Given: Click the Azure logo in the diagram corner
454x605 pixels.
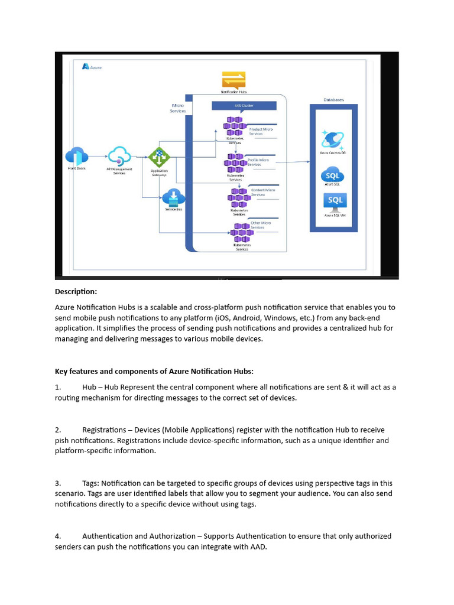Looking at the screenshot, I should (86, 67).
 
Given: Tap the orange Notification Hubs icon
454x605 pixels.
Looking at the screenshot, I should (234, 80).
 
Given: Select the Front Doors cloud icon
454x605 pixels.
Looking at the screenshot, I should (77, 157).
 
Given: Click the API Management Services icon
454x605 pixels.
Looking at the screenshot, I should (119, 156).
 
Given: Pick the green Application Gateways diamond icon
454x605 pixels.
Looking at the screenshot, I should (158, 157).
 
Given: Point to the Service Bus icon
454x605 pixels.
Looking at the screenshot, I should (174, 197).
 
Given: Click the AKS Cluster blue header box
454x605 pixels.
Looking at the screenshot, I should (244, 106).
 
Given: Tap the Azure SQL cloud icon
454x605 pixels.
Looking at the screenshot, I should (332, 175).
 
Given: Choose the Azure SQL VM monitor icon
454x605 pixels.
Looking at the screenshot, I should (335, 201).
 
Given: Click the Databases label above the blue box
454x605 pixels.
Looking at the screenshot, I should (333, 100).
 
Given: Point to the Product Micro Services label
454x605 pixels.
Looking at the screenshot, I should (260, 131).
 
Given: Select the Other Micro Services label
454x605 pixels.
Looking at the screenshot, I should (261, 225).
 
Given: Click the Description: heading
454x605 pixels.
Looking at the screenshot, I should (76, 291).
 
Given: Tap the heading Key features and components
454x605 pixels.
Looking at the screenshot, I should (154, 371).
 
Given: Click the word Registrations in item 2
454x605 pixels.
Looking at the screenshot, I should (104, 430).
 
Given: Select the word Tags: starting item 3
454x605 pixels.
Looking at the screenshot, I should (92, 483).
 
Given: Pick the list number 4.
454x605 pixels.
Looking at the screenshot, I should (58, 536).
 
